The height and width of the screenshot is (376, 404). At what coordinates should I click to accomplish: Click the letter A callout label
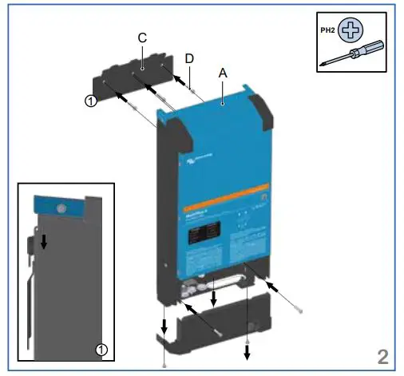[223, 73]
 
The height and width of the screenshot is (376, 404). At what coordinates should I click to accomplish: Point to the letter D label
[188, 58]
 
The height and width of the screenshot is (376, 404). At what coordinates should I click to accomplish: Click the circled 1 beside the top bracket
[91, 101]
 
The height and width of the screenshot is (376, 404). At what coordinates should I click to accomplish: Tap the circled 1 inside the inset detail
[101, 349]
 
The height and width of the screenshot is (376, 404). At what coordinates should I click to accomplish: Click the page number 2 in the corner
[385, 354]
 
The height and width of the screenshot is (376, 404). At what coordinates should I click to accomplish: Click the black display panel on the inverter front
[200, 235]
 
